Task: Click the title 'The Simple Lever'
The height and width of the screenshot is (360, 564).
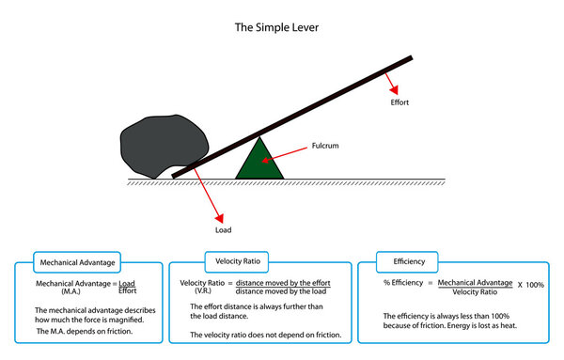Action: click(x=276, y=28)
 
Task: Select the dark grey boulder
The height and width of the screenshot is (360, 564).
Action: click(x=152, y=145)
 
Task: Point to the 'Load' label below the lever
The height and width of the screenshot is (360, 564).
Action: click(x=224, y=228)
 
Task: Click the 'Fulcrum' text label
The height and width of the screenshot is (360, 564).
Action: click(x=325, y=147)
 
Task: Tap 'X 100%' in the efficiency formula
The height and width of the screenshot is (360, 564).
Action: click(x=530, y=284)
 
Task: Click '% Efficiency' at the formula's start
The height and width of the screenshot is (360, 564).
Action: click(x=406, y=282)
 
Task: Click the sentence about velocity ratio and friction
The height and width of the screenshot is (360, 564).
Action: click(x=265, y=335)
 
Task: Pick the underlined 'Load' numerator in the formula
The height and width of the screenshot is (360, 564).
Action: click(x=128, y=282)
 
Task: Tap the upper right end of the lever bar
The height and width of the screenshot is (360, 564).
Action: click(x=409, y=60)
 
